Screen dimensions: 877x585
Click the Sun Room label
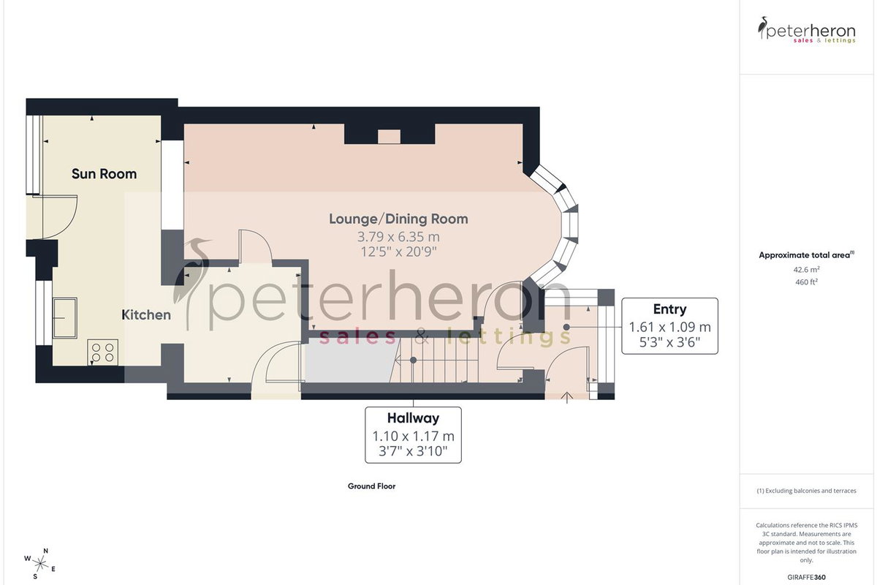(104, 173)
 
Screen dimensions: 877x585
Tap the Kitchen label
(146, 314)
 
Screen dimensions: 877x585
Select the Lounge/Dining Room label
(398, 219)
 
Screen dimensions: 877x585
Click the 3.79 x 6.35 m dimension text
(398, 237)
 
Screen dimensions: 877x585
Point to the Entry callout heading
(669, 309)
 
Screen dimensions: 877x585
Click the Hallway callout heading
(413, 418)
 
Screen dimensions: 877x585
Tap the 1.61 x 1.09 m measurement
(669, 327)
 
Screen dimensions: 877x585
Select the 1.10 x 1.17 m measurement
(413, 436)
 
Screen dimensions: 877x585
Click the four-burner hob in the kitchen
(102, 352)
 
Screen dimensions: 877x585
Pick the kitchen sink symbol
(64, 318)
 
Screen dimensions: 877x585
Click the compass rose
(40, 565)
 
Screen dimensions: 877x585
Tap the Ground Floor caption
(371, 486)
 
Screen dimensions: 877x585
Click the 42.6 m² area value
(806, 270)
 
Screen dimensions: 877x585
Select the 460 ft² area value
(806, 282)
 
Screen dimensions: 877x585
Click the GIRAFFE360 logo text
(806, 577)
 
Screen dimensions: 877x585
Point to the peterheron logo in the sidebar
(807, 30)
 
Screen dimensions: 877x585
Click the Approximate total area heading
(806, 255)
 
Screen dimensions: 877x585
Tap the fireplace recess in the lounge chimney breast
(389, 137)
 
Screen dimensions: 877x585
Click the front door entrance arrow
(567, 397)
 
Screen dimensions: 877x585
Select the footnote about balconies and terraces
(806, 491)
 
